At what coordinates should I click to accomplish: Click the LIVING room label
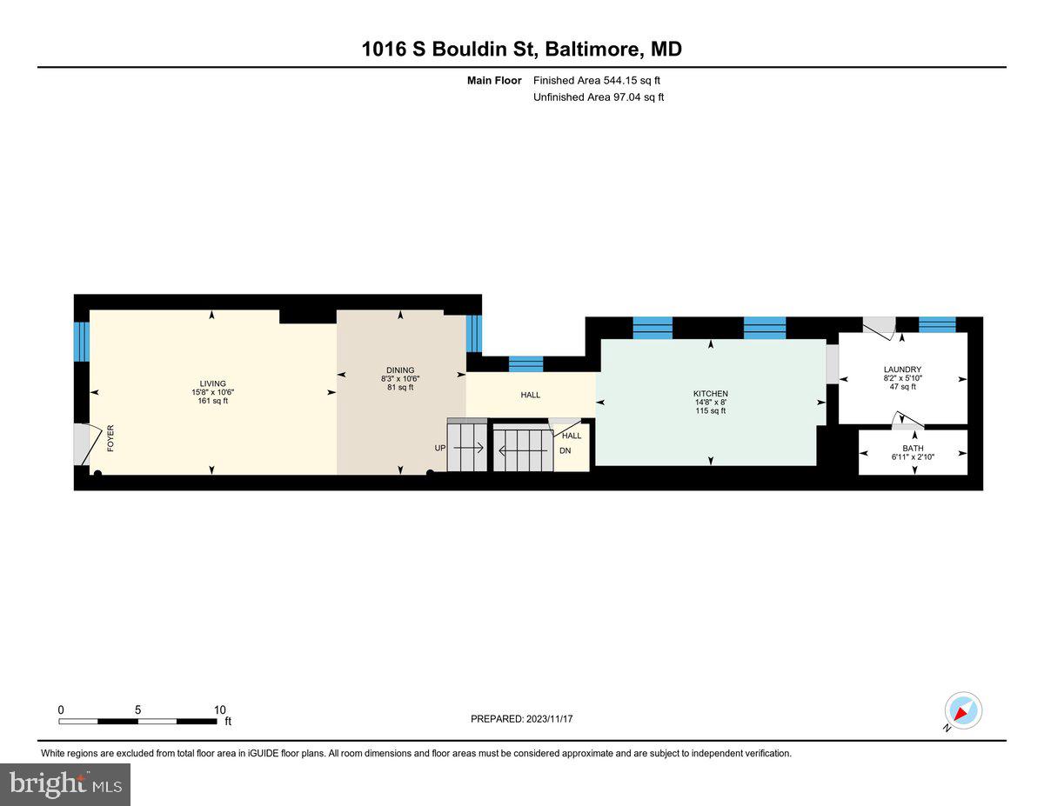(212, 383)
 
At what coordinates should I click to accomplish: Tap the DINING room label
(400, 370)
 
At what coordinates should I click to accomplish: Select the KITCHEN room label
(710, 394)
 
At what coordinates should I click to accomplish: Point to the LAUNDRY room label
(901, 370)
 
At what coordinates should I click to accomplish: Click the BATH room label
(913, 449)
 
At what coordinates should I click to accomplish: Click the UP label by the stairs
(439, 449)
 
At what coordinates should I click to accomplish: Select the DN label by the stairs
(565, 450)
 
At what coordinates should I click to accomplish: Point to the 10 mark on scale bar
(219, 709)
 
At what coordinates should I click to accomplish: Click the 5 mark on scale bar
(138, 709)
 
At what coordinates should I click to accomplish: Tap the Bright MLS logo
(65, 784)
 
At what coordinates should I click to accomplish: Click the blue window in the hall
(525, 363)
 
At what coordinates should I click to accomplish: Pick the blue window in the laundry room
(937, 324)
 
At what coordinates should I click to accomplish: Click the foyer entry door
(83, 444)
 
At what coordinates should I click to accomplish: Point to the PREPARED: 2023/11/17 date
(522, 719)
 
